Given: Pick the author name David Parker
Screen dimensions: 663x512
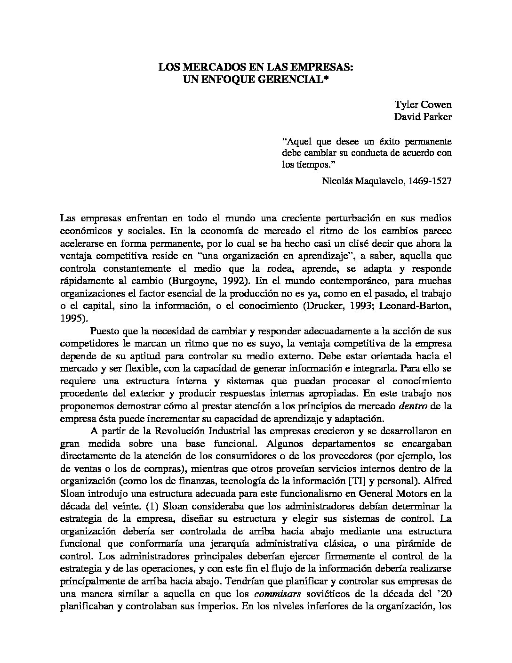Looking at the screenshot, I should pos(423,117).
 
